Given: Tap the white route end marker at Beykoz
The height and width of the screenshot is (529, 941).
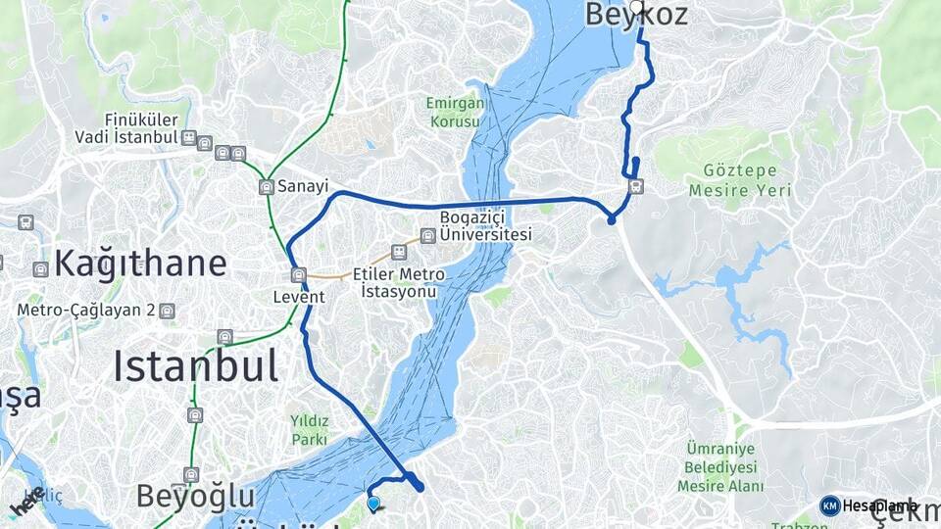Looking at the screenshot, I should (637, 8).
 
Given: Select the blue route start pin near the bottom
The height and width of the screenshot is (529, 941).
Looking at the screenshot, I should (373, 505).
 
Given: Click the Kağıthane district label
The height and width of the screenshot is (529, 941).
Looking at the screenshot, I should (140, 263).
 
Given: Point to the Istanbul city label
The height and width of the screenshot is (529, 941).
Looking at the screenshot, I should (195, 366).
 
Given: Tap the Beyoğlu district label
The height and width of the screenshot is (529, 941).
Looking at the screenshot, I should (196, 495).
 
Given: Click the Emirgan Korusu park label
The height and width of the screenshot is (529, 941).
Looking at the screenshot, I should (454, 113).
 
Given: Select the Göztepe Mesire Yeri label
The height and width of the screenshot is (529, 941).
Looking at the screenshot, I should (740, 180).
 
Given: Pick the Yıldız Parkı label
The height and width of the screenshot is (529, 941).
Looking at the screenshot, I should (309, 430).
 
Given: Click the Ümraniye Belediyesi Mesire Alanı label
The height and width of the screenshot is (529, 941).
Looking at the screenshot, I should (725, 467).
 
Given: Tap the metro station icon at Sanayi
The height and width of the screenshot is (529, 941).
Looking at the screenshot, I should (267, 186).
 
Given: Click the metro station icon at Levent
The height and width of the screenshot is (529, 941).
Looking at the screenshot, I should (298, 275).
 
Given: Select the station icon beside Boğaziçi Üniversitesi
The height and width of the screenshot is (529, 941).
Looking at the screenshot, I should (427, 235).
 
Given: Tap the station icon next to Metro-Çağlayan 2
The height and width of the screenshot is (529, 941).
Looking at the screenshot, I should (168, 311).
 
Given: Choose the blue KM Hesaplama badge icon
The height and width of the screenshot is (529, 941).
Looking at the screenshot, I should (830, 505).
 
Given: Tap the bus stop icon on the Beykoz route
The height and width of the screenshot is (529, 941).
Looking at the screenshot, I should (636, 187).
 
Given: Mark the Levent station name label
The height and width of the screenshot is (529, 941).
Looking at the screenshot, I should (299, 294).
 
